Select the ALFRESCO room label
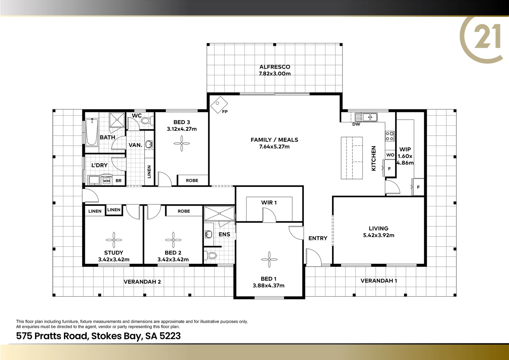click(x=274, y=67)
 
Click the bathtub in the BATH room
click(x=92, y=132)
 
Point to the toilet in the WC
click(x=147, y=120)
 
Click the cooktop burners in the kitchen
click(x=390, y=136)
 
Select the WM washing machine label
click(x=106, y=181)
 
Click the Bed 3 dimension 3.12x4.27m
click(x=182, y=129)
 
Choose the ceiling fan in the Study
click(x=114, y=240)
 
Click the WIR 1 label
click(x=269, y=203)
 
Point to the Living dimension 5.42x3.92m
click(x=378, y=235)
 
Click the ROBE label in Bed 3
click(x=192, y=180)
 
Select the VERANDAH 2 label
click(x=142, y=282)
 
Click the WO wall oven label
click(x=390, y=155)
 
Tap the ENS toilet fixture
click(x=211, y=256)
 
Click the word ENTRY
click(x=318, y=238)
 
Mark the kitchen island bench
click(x=351, y=158)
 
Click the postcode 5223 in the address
click(x=170, y=336)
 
